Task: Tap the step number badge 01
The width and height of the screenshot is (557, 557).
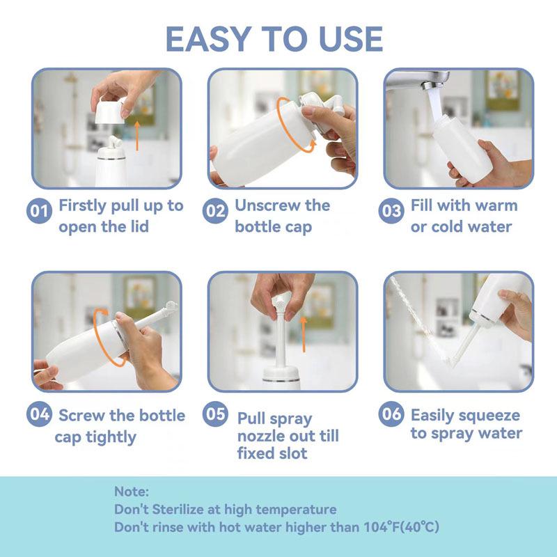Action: click(x=40, y=210)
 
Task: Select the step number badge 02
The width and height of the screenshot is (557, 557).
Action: click(x=216, y=210)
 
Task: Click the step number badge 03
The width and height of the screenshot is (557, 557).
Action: click(x=392, y=210)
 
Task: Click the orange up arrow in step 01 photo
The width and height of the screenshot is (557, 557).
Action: click(x=138, y=134)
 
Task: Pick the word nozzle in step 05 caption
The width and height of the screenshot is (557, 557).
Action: click(x=268, y=436)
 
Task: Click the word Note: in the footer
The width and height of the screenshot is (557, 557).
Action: click(x=132, y=492)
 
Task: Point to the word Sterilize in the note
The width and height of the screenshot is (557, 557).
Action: click(x=182, y=510)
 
